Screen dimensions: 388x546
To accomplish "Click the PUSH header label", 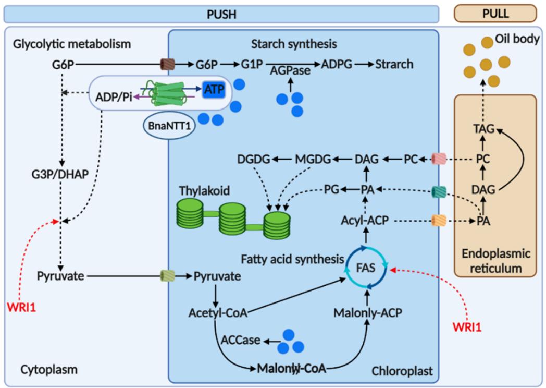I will (x=221, y=14).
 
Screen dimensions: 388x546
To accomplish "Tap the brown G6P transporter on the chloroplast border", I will (x=168, y=64).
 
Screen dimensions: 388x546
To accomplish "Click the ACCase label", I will (x=240, y=341).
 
